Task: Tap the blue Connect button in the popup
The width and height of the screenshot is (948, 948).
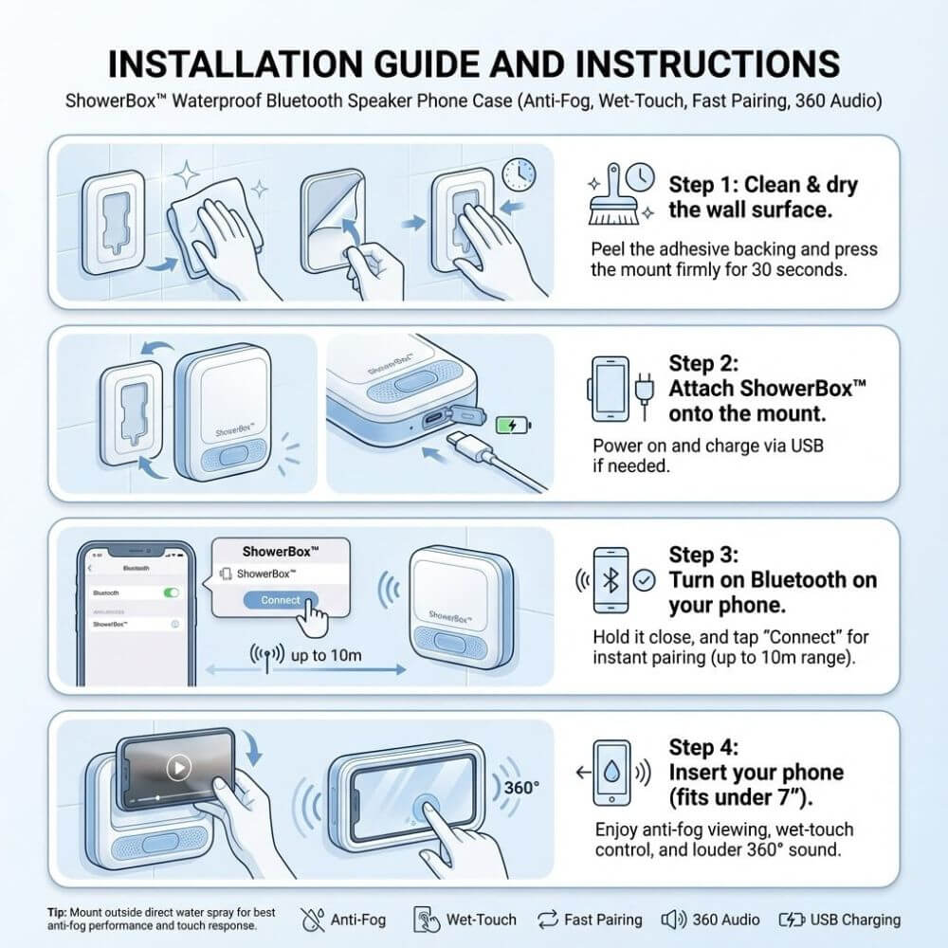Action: [281, 600]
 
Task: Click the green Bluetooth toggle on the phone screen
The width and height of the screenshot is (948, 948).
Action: [172, 592]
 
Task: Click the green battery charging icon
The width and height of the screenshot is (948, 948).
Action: [513, 425]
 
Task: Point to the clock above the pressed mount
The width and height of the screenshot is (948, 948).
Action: [519, 174]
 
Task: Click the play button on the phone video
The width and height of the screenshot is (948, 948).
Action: [179, 768]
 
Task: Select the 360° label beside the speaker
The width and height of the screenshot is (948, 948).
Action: [521, 788]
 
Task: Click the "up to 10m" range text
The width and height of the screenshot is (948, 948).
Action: [326, 655]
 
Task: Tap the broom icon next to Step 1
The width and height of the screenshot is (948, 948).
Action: [611, 196]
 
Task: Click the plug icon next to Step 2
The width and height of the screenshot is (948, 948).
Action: [645, 394]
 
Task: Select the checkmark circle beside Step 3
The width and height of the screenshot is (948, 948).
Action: [644, 580]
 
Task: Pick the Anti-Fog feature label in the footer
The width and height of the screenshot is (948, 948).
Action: [358, 920]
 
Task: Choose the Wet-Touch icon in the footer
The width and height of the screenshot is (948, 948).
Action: [427, 920]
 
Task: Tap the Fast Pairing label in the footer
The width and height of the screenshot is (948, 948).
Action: [603, 920]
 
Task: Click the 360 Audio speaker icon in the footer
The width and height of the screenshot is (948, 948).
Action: [673, 920]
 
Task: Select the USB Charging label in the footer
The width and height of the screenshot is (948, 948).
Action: [855, 920]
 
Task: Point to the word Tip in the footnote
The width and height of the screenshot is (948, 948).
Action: [57, 912]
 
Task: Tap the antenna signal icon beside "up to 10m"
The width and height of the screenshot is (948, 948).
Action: [266, 657]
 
